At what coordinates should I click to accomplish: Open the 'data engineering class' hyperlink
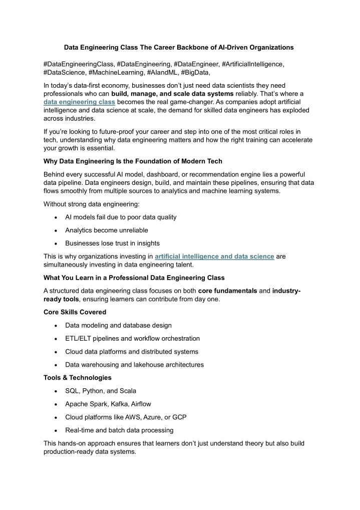[x=72, y=102]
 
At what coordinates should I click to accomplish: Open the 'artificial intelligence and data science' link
[x=214, y=257]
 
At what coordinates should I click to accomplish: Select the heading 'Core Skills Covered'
[x=75, y=312]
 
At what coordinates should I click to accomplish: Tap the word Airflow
[x=141, y=404]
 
